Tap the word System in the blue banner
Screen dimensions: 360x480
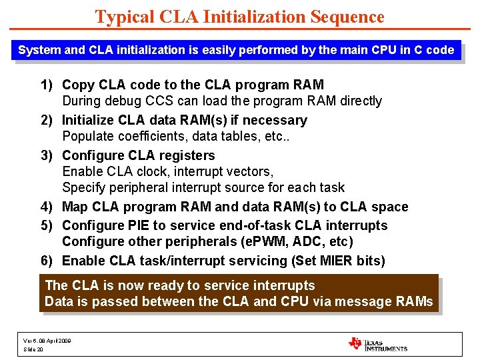click(x=39, y=50)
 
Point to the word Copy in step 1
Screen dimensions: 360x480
click(x=77, y=85)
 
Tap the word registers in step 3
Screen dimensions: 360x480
click(x=188, y=155)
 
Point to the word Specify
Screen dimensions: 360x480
click(x=85, y=188)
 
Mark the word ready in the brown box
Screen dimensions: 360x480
click(x=168, y=285)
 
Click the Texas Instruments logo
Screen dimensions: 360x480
click(x=377, y=344)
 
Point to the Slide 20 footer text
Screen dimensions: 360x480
click(x=33, y=349)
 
